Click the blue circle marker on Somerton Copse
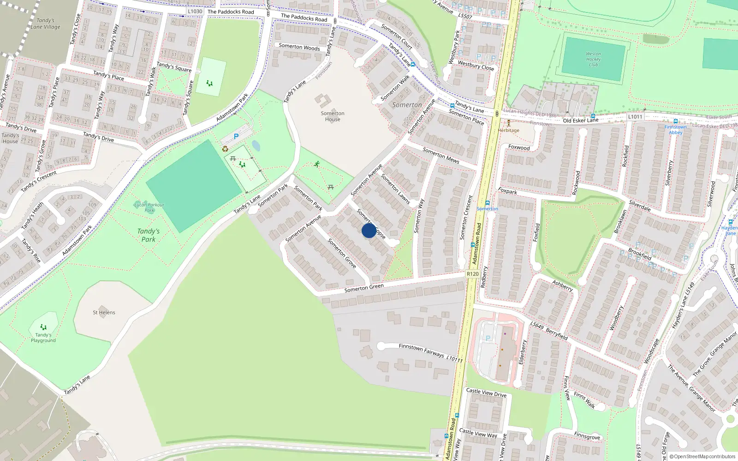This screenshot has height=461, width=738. pyautogui.click(x=369, y=230)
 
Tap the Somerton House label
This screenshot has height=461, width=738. pyautogui.click(x=333, y=116)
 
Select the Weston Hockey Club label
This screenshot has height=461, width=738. pyautogui.click(x=593, y=59)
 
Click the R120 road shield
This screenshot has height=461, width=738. pyautogui.click(x=472, y=274)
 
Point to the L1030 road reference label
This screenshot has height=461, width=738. pyautogui.click(x=195, y=11)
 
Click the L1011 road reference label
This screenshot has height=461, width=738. pyautogui.click(x=635, y=117)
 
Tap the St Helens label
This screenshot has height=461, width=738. pyautogui.click(x=104, y=312)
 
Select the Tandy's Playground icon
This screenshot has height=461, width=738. pyautogui.click(x=43, y=327)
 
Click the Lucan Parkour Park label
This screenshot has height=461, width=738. pyautogui.click(x=149, y=207)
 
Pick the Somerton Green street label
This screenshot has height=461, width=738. pyautogui.click(x=364, y=288)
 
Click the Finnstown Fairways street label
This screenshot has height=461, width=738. pyautogui.click(x=421, y=350)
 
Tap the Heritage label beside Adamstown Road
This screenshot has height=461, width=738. pyautogui.click(x=508, y=130)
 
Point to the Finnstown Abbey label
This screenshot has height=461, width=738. pyautogui.click(x=675, y=130)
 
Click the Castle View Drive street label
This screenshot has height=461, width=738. pyautogui.click(x=486, y=392)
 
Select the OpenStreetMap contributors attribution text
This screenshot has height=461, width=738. pyautogui.click(x=702, y=456)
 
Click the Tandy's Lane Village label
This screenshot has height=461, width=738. pyautogui.click(x=45, y=24)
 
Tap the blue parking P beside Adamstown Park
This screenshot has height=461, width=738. pyautogui.click(x=236, y=136)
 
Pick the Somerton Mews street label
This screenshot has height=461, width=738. pyautogui.click(x=440, y=155)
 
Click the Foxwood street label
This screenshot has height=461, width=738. pyautogui.click(x=519, y=148)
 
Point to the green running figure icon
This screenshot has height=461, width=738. pyautogui.click(x=317, y=164)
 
